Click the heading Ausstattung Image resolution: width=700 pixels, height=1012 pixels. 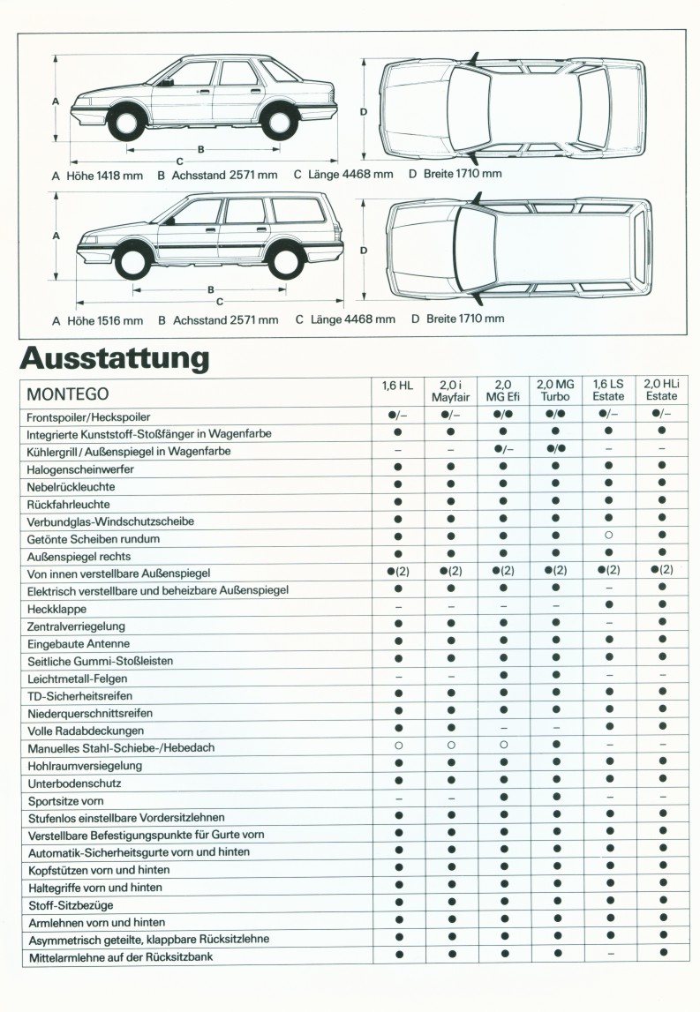pyautogui.click(x=114, y=358)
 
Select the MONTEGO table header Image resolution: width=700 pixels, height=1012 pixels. pyautogui.click(x=68, y=394)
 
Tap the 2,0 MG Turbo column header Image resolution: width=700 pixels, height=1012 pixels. pyautogui.click(x=556, y=390)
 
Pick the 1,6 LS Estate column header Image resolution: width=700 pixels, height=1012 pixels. pyautogui.click(x=609, y=390)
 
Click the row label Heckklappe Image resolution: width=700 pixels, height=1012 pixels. pyautogui.click(x=57, y=608)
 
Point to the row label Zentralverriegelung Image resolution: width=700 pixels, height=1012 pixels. pyautogui.click(x=77, y=626)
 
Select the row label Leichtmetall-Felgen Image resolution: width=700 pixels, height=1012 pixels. pyautogui.click(x=78, y=678)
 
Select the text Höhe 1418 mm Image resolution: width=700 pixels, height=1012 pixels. pyautogui.click(x=104, y=175)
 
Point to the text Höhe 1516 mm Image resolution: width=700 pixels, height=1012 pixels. pyautogui.click(x=105, y=319)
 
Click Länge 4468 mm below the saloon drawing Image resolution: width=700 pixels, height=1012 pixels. pyautogui.click(x=351, y=174)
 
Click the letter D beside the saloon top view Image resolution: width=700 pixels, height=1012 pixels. pyautogui.click(x=364, y=111)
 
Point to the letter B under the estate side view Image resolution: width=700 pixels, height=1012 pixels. pyautogui.click(x=211, y=289)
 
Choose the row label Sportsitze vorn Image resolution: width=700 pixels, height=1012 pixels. pyautogui.click(x=66, y=800)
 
